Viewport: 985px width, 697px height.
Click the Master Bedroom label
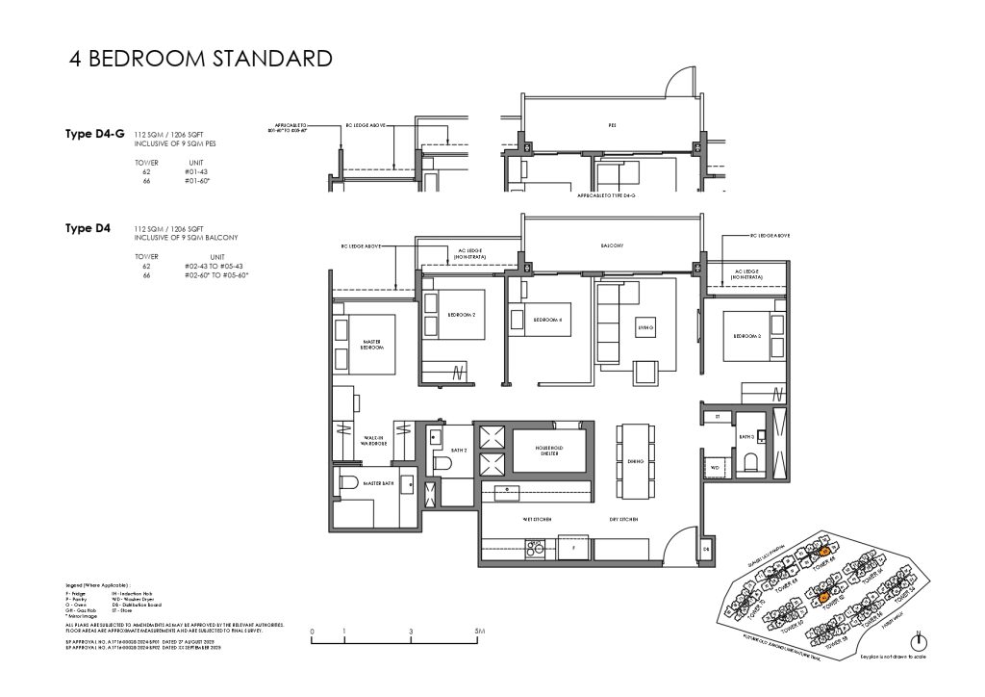pyautogui.click(x=373, y=344)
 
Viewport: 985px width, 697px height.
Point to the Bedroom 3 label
pyautogui.click(x=747, y=336)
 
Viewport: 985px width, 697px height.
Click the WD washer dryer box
pyautogui.click(x=715, y=468)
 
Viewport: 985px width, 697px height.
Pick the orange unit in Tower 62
pyautogui.click(x=824, y=598)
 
